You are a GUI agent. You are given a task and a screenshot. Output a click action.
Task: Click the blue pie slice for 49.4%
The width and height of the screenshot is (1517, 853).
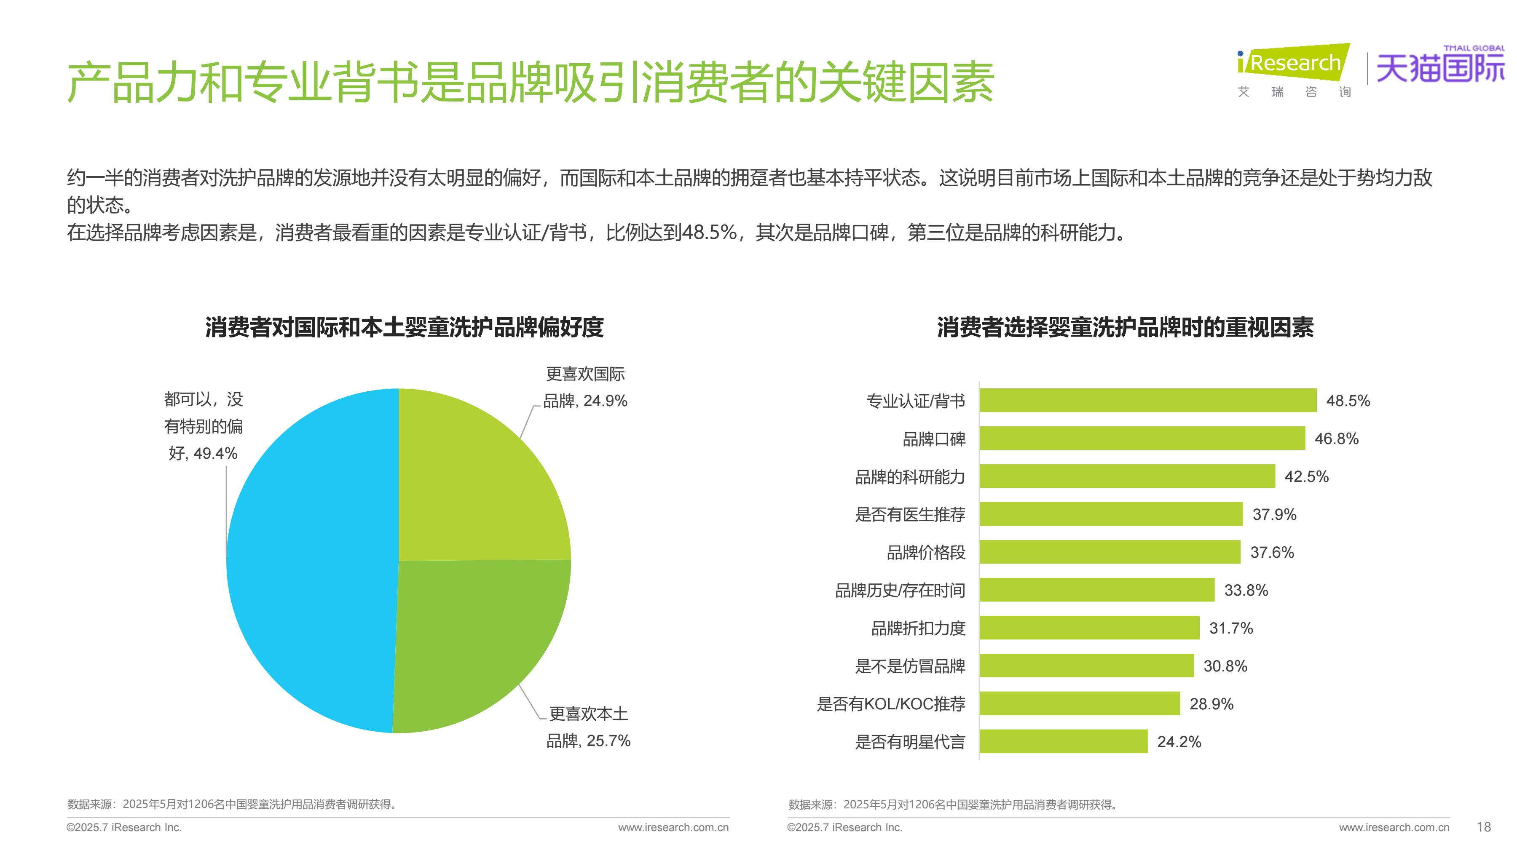306,559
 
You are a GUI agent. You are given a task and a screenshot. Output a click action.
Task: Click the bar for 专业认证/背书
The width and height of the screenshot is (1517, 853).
1147,400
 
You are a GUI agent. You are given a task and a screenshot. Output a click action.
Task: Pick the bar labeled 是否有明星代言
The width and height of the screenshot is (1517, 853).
1063,741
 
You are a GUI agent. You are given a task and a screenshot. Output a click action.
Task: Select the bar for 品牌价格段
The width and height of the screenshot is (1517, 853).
1110,552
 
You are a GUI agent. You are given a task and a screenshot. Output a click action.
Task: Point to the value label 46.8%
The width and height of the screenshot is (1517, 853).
1336,439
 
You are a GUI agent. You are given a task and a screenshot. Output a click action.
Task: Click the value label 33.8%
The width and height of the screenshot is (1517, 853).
1246,590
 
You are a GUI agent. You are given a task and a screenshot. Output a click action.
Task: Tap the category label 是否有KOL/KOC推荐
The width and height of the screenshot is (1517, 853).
890,704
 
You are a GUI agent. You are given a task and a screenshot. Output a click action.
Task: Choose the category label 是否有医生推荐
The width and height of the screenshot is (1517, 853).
910,514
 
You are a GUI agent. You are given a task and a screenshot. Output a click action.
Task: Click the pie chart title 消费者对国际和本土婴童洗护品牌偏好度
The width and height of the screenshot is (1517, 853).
404,327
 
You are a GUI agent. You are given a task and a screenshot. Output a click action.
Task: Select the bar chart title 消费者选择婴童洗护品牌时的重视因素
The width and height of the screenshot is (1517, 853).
1125,327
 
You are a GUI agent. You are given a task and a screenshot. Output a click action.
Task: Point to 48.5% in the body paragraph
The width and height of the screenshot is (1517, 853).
709,233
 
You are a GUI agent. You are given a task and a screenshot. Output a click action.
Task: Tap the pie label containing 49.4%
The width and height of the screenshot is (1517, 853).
203,426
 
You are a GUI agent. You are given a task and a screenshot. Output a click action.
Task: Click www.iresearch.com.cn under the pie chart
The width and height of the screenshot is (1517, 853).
673,827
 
